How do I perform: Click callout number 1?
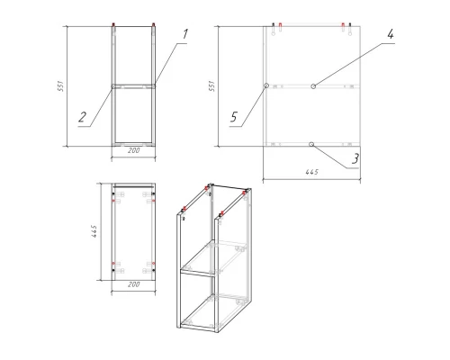pos(185,34)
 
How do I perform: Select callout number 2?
pos(82,117)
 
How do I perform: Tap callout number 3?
pos(355,158)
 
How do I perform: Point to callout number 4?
pos(390,34)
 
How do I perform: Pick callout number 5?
pos(234,117)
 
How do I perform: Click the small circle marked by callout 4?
pos(313,86)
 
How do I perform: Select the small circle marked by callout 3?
pos(311,145)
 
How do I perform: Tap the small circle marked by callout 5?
pos(265,86)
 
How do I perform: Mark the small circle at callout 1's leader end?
pos(154,86)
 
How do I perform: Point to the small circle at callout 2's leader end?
pos(113,86)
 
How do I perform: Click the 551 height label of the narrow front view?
pos(60,86)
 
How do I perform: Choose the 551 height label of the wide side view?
pos(211,86)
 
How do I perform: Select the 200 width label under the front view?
pos(134,150)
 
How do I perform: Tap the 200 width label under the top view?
pos(134,284)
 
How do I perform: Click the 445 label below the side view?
pos(312,172)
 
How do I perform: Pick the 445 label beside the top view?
pos(94,231)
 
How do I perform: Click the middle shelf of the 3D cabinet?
pos(213,258)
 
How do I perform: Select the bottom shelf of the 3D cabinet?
pos(214,313)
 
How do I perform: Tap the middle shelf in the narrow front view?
pos(134,86)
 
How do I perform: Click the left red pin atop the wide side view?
pos(280,26)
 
